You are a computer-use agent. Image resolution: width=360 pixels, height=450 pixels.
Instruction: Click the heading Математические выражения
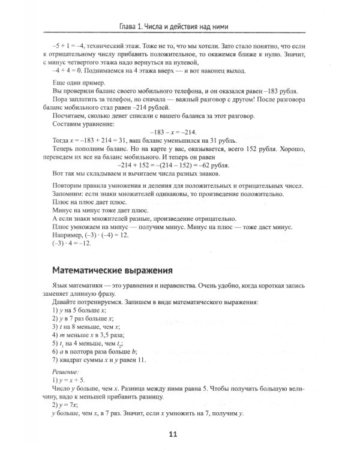pos(113,269)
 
